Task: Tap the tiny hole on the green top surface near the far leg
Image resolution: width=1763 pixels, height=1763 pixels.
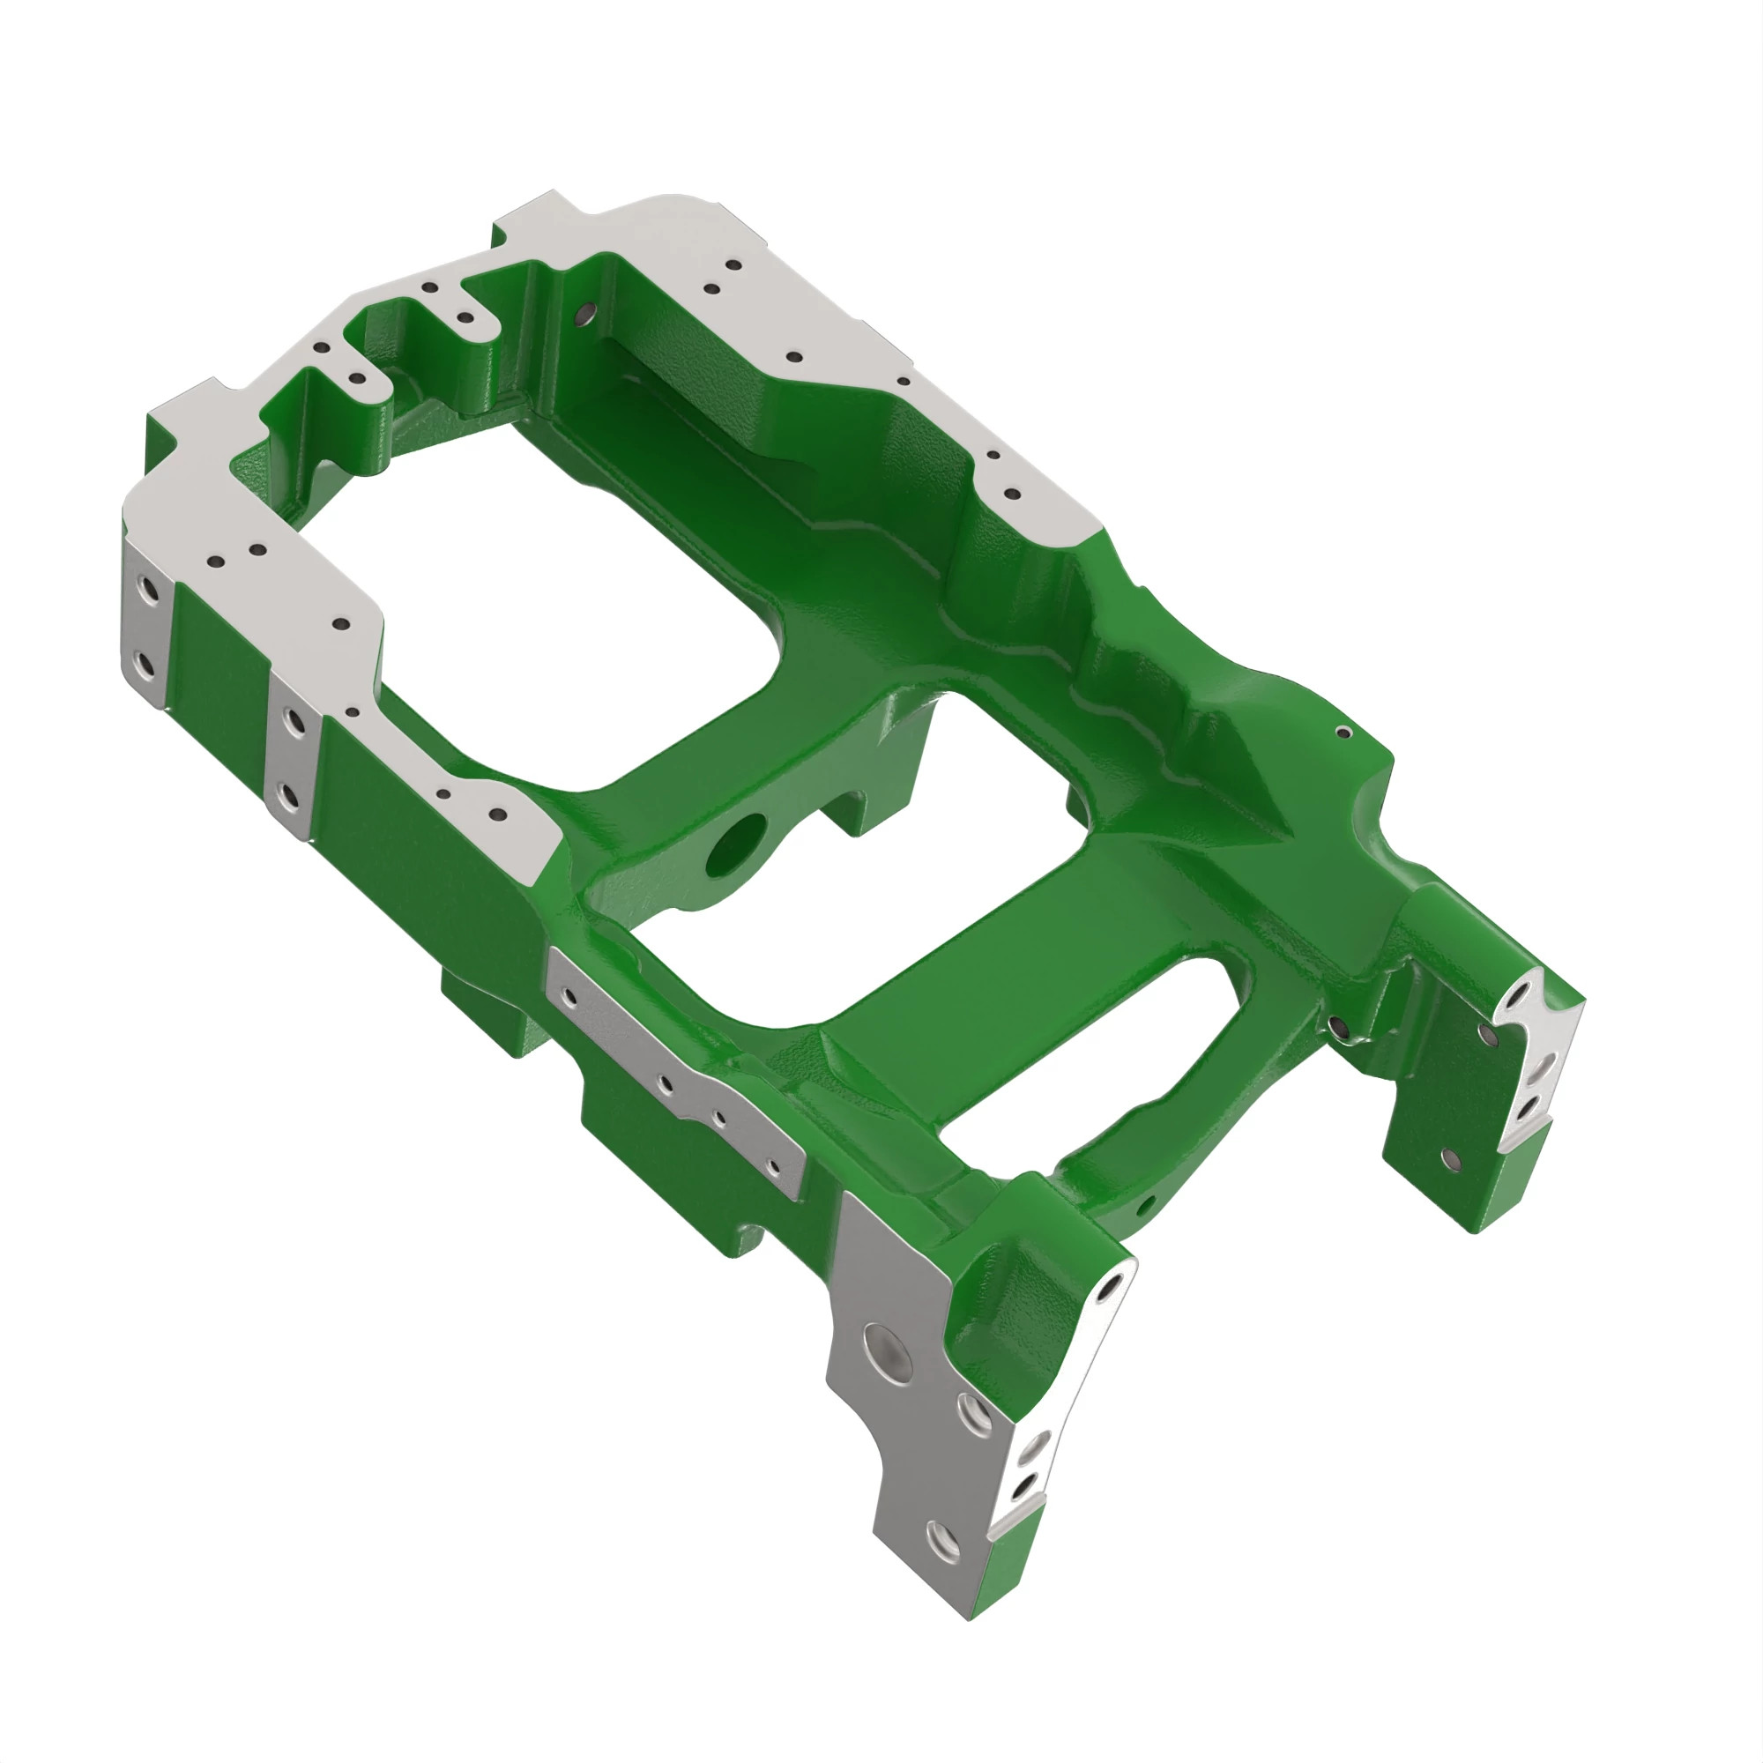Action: pos(1343,732)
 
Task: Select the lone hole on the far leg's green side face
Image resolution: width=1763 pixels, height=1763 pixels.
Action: pos(1449,1159)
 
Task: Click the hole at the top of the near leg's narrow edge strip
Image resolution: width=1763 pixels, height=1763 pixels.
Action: pos(1110,1289)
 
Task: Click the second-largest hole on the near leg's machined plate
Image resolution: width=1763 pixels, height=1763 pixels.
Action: pos(976,1415)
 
